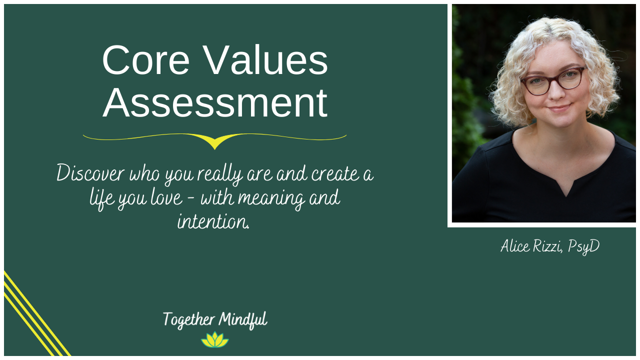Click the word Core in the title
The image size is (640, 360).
click(x=145, y=61)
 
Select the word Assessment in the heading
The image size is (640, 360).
click(x=215, y=103)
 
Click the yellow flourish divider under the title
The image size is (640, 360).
click(x=214, y=140)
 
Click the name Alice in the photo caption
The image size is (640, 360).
click(x=516, y=246)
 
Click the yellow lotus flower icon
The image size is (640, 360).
click(x=215, y=340)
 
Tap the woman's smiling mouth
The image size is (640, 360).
click(x=558, y=108)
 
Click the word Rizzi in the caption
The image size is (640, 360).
click(x=549, y=246)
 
